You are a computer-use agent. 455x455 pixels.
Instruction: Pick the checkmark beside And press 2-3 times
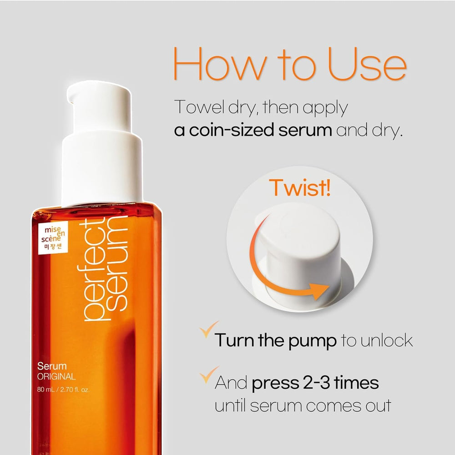click(x=208, y=375)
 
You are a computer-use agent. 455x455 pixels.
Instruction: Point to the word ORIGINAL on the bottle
click(x=57, y=376)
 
